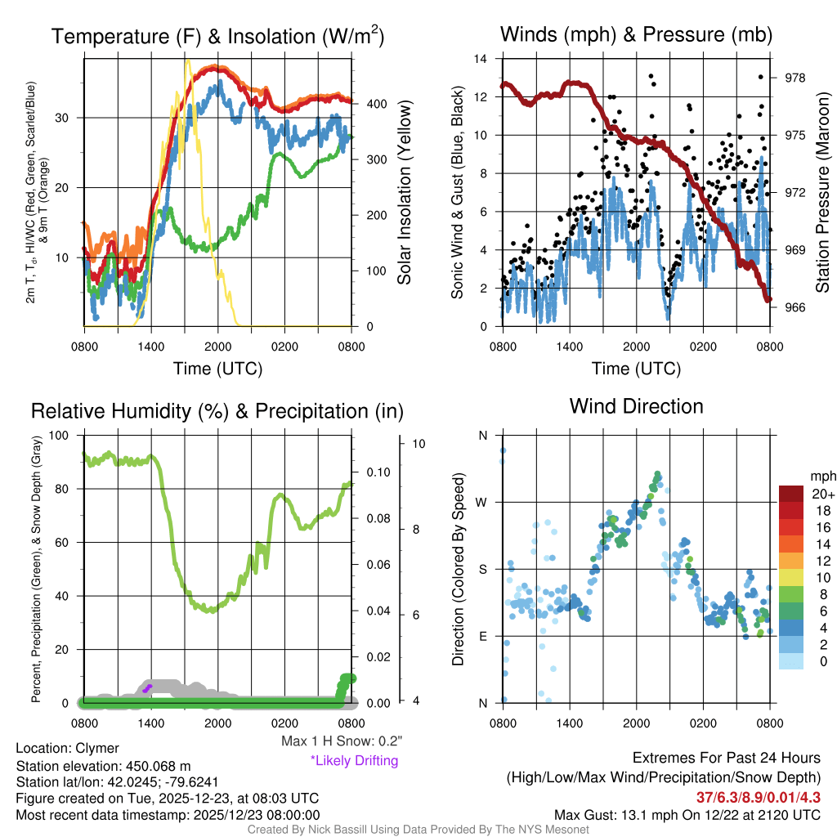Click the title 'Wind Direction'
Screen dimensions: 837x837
click(636, 406)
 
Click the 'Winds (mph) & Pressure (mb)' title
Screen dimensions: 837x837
click(636, 34)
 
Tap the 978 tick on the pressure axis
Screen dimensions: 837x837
click(795, 78)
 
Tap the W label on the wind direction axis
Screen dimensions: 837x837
click(483, 502)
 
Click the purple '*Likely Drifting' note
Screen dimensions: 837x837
click(354, 760)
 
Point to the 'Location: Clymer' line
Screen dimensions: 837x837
click(67, 748)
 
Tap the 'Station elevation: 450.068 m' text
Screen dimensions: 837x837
click(103, 765)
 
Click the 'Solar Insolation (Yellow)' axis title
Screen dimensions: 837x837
click(404, 193)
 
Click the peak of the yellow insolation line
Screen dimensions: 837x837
click(188, 60)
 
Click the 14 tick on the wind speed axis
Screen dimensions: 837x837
click(481, 59)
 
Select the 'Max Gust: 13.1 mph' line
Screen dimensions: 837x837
click(687, 814)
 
